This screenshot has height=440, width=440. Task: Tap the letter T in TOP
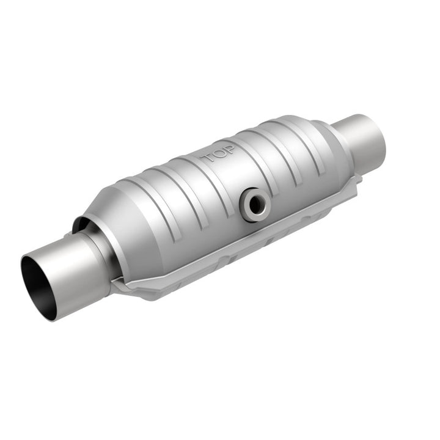click(207, 159)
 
